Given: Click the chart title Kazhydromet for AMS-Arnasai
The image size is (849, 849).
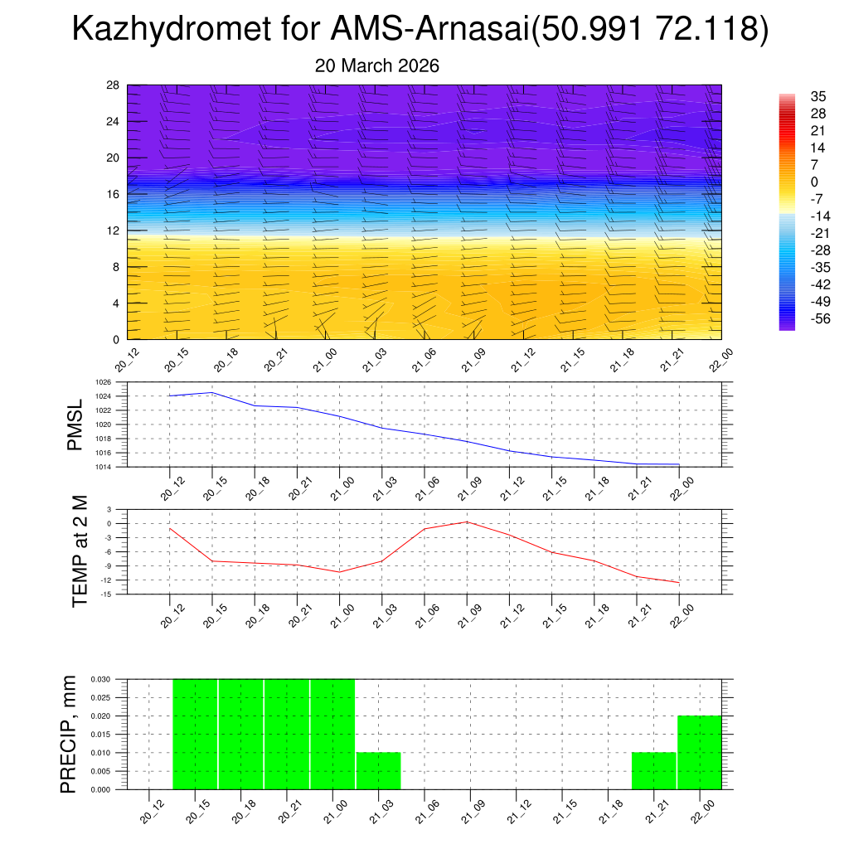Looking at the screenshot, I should pyautogui.click(x=420, y=30).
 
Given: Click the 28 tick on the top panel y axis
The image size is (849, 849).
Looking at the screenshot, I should pyautogui.click(x=114, y=85).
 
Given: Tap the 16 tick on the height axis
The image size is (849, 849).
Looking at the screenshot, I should pyautogui.click(x=114, y=194).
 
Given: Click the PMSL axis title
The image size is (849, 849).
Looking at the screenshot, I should pyautogui.click(x=75, y=424).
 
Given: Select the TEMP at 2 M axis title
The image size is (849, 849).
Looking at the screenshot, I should pyautogui.click(x=80, y=551).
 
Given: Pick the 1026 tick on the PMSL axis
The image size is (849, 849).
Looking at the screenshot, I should pyautogui.click(x=102, y=382).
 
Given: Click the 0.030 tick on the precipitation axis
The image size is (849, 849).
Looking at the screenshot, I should pyautogui.click(x=100, y=679).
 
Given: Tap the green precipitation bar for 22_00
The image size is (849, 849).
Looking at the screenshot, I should pyautogui.click(x=700, y=752).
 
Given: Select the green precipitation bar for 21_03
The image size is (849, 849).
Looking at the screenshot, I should pyautogui.click(x=378, y=770).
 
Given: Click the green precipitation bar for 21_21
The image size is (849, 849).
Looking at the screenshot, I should pyautogui.click(x=653, y=770).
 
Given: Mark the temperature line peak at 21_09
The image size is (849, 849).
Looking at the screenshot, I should pyautogui.click(x=467, y=522).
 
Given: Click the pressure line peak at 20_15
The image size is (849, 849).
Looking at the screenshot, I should pyautogui.click(x=212, y=392).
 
